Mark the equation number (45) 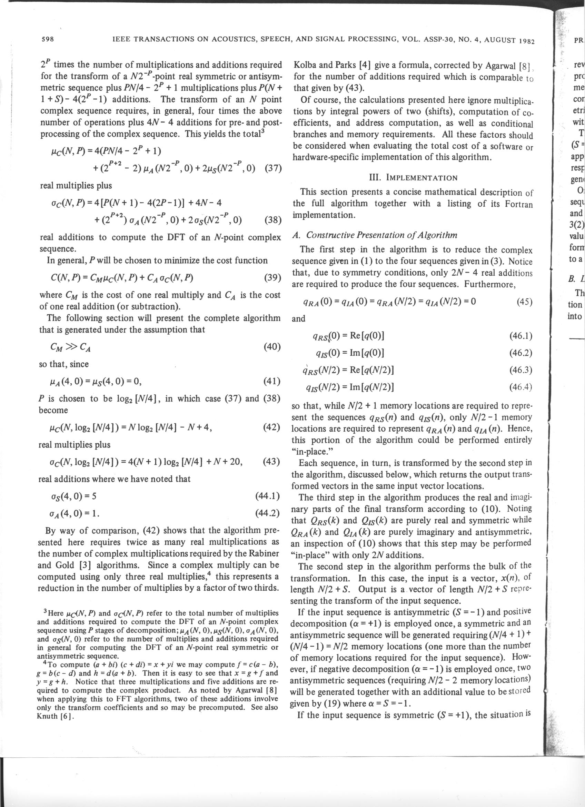(524, 292)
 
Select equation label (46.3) (520, 370)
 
